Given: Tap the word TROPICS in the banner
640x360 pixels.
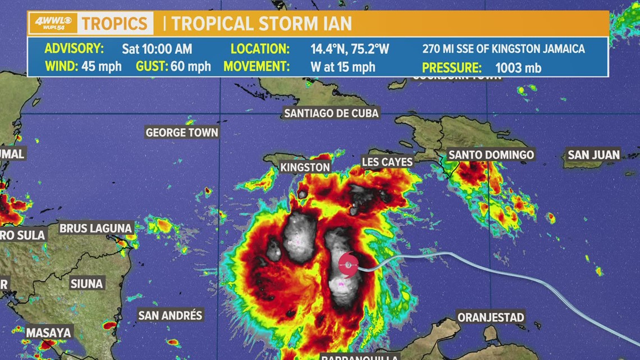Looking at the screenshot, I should click(116, 24).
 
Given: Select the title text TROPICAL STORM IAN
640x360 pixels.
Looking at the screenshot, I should click(262, 24).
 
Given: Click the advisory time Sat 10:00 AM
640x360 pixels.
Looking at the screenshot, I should click(157, 49).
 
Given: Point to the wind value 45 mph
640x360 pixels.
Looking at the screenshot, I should click(101, 67).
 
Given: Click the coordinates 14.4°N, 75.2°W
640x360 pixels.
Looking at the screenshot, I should click(350, 49).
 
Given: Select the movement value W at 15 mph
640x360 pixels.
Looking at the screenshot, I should click(342, 67).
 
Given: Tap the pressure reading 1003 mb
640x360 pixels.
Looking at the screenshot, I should click(518, 68).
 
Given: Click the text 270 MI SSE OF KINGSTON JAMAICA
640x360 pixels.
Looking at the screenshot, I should click(504, 49).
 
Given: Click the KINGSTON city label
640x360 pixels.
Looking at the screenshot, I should click(305, 167).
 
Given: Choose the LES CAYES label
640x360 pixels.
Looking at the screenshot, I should click(387, 162).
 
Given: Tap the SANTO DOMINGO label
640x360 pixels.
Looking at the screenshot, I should click(491, 154).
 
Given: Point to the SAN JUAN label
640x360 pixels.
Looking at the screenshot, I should click(593, 154).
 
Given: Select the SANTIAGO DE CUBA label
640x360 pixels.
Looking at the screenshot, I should click(331, 113).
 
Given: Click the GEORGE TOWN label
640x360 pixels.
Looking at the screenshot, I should click(182, 133).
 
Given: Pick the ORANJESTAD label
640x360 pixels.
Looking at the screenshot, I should click(491, 317).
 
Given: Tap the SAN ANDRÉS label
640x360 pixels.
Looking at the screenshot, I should click(170, 315).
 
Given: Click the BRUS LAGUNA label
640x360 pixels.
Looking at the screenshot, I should click(96, 228).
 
